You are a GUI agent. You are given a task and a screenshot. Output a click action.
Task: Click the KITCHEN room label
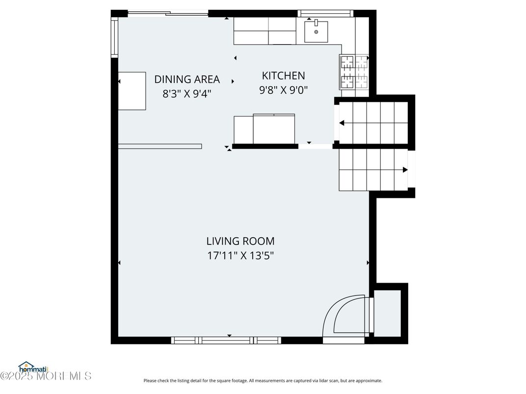283,75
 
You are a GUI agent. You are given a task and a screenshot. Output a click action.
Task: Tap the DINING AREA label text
187,79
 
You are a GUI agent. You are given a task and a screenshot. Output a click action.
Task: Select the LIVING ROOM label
240,241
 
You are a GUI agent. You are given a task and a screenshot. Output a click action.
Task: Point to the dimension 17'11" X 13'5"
240,255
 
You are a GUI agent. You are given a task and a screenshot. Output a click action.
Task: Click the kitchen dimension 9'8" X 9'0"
283,90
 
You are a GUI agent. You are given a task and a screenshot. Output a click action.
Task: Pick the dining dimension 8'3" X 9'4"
187,93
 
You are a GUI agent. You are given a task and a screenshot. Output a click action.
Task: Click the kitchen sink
316,31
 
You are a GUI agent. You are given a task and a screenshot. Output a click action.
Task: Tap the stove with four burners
354,72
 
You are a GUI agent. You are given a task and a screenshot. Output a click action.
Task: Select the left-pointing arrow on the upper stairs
342,123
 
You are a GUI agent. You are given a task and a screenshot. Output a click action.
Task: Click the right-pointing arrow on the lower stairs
405,170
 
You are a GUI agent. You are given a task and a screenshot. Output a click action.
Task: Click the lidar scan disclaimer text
263,381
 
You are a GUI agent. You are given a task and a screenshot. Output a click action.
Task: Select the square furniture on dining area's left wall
132,91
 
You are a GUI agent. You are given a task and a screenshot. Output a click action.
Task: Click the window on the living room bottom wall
226,340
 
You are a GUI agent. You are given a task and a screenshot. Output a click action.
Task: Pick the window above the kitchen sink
325,13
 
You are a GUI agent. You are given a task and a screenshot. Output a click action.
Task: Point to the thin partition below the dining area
160,146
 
